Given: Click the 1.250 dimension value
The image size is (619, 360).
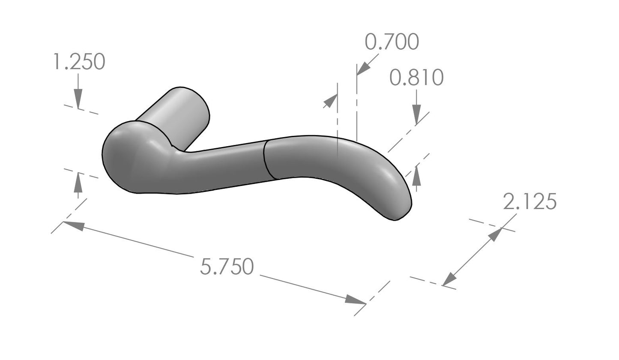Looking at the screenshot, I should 78,62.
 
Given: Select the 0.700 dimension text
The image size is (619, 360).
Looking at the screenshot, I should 392,42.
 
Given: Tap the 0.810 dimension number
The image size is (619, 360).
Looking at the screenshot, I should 416,78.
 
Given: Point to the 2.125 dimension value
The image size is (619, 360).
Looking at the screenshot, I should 529,202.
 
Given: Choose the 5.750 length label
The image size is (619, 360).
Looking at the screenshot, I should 227,267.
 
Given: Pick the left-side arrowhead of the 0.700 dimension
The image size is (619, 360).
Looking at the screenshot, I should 330,101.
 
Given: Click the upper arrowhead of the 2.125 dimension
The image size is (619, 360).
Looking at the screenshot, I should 496,234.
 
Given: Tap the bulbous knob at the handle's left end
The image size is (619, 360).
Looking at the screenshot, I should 129,159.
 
